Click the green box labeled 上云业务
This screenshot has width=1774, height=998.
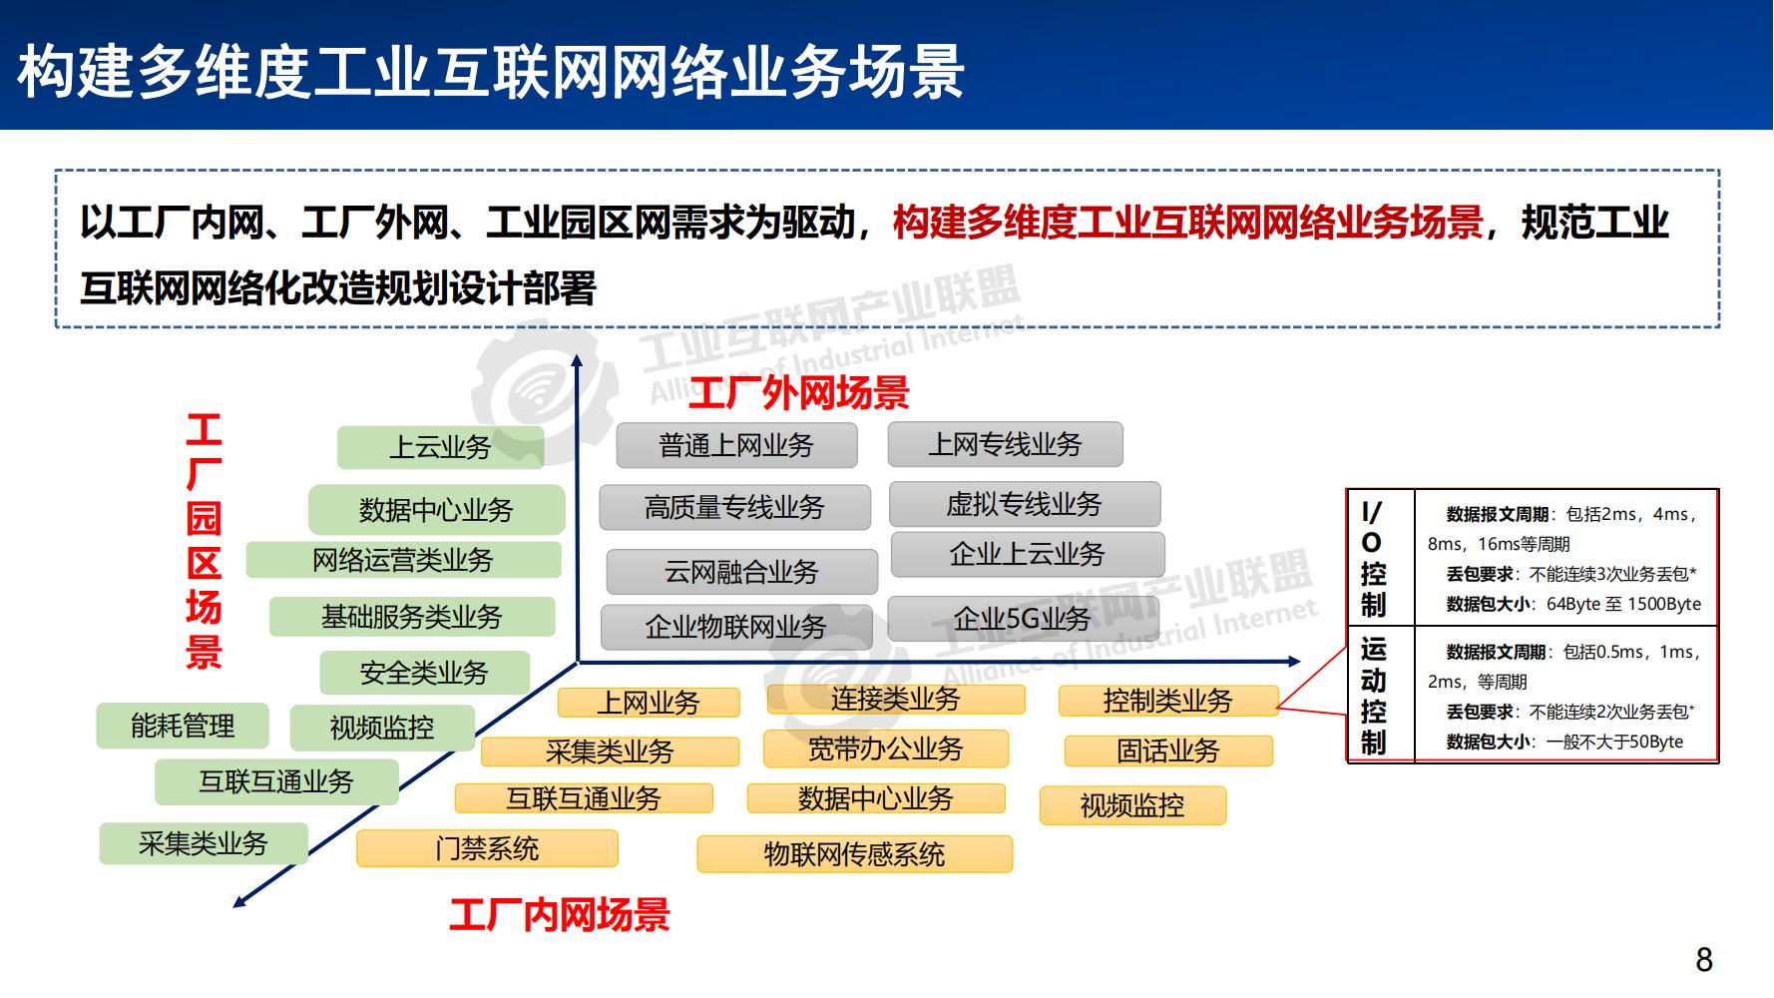440,447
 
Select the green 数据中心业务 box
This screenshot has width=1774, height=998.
436,510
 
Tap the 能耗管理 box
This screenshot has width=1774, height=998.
183,726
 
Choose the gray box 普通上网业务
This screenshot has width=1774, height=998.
736,445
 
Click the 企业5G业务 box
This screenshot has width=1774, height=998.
1023,619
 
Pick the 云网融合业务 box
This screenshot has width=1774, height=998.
741,572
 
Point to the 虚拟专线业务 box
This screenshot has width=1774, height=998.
1024,505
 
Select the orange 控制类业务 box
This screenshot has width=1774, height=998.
1167,701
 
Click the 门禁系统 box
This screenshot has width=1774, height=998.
487,848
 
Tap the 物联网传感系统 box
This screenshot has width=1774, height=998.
854,854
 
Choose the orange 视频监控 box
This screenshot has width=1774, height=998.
1132,805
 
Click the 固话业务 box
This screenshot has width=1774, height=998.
1168,750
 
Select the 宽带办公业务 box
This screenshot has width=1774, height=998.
886,748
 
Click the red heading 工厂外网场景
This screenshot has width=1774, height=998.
798,393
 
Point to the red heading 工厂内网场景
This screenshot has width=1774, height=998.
559,914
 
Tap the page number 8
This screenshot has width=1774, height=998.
1704,960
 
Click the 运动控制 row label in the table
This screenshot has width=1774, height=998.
1374,696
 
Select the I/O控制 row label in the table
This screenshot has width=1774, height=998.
1374,559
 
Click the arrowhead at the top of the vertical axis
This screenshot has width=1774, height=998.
576,361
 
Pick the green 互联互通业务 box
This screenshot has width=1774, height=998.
276,781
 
